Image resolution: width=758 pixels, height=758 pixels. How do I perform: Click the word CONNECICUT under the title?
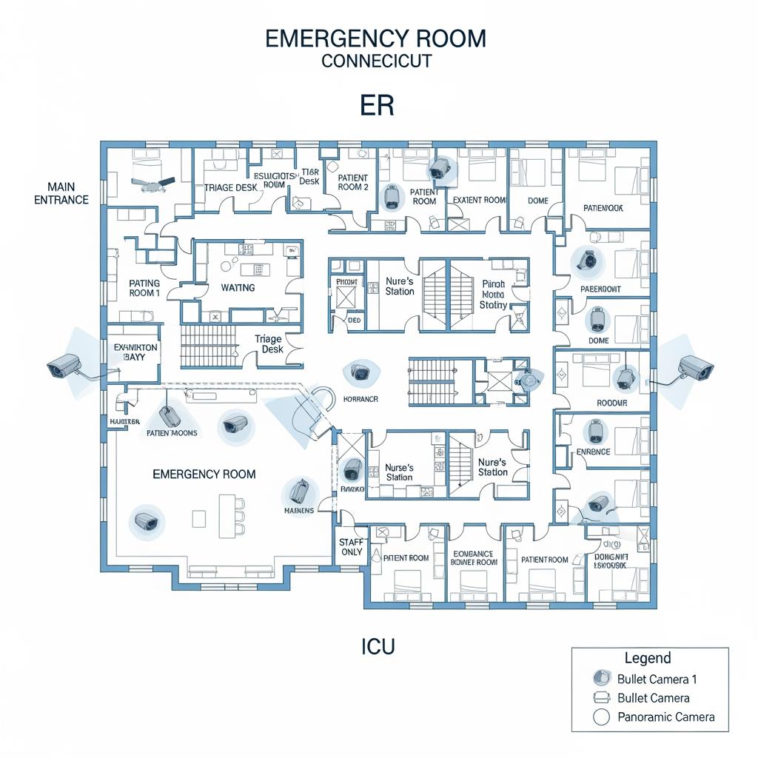coord(376,61)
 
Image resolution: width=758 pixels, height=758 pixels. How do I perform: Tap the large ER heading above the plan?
coord(377,106)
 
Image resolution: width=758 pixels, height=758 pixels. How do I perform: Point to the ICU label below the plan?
coord(378,647)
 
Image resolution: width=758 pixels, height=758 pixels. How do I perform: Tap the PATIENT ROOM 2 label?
coord(353,183)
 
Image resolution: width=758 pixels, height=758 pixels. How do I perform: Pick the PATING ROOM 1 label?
coord(144,287)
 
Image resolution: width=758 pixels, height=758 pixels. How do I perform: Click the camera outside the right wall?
coord(695,366)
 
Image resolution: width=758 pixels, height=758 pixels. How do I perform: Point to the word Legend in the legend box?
coord(648,658)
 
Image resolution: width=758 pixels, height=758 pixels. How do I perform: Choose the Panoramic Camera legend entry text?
coord(665,717)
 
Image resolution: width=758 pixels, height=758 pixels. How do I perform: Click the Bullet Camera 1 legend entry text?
coord(657,679)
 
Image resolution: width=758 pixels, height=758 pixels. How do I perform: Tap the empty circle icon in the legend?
coord(602,717)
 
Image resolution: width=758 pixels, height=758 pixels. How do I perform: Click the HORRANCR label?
coord(361,399)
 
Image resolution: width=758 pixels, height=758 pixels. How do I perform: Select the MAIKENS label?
coord(299,511)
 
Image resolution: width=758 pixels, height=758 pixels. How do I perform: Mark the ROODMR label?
coord(611,403)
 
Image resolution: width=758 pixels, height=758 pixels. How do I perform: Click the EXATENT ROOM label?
coord(479,200)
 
